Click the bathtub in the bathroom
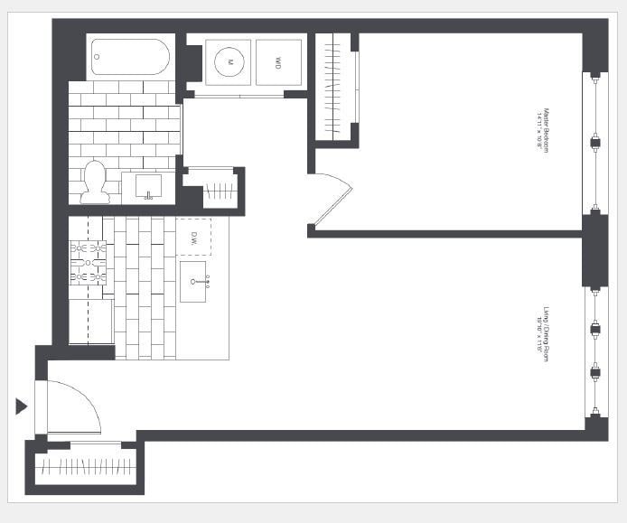tap(130, 57)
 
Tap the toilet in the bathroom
tap(95, 182)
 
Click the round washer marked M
tap(229, 62)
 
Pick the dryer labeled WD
tap(277, 62)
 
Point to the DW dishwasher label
tap(193, 238)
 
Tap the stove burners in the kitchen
tap(89, 262)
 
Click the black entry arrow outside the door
tap(22, 406)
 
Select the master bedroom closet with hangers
tap(335, 87)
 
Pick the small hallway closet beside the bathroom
tap(218, 190)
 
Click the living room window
tap(594, 351)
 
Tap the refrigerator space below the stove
tap(90, 322)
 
